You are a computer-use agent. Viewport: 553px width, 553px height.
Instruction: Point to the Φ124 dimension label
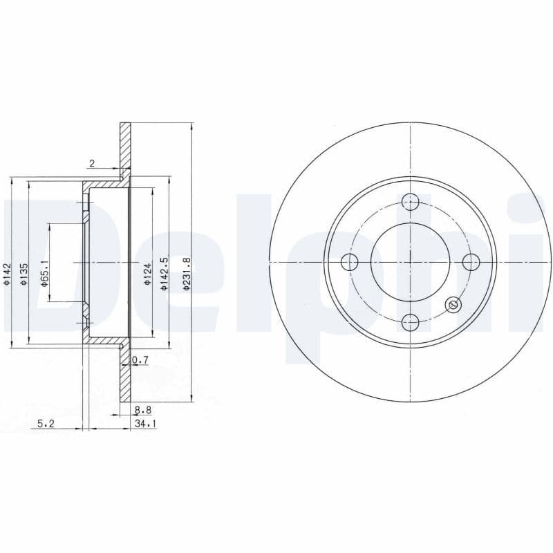147,274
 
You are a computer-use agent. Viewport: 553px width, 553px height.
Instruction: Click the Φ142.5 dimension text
164,274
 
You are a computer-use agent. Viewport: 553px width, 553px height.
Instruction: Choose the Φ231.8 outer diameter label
186,274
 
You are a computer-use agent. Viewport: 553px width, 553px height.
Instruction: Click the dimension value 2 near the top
91,163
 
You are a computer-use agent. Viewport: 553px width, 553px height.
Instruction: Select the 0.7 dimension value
140,360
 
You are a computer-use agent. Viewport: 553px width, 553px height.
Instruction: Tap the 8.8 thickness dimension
143,410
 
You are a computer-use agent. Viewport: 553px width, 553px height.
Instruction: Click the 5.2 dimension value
46,424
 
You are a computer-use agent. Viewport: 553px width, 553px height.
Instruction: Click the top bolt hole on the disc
411,202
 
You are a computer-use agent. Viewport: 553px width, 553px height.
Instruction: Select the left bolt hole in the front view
350,262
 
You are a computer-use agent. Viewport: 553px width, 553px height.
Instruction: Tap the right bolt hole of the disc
471,262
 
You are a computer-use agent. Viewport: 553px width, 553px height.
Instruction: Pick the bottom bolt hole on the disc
411,321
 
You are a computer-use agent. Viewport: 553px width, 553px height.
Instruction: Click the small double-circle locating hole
453,304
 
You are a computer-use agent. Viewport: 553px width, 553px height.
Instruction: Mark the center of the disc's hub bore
411,262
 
